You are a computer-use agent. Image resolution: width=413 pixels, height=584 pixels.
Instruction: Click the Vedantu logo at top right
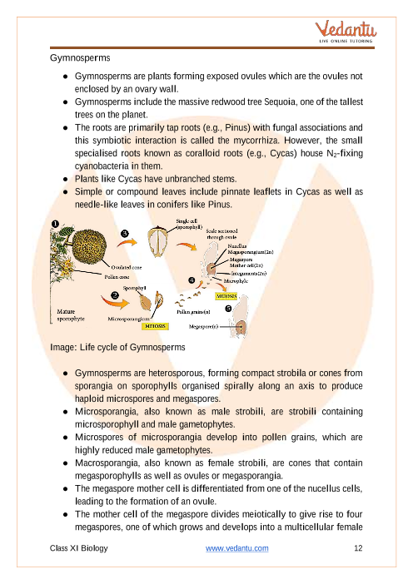(x=346, y=32)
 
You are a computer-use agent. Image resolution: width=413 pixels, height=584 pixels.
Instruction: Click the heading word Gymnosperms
(x=80, y=58)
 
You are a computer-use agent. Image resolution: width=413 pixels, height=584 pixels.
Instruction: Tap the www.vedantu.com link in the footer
(x=237, y=548)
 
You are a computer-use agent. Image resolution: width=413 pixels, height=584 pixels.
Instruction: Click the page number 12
(x=358, y=548)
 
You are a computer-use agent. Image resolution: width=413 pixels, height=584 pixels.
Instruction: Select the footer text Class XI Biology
(x=79, y=548)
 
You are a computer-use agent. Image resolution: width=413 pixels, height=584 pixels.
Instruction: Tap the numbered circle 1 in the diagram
(x=55, y=224)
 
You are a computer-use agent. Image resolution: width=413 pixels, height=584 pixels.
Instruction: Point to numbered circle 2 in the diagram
(x=115, y=295)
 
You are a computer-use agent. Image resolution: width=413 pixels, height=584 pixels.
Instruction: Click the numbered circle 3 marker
(x=125, y=234)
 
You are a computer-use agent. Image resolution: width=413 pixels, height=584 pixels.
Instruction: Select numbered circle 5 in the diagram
(x=228, y=309)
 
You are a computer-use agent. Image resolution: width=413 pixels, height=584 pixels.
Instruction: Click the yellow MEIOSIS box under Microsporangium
(x=155, y=326)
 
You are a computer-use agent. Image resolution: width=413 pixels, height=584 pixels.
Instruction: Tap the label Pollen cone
(x=117, y=277)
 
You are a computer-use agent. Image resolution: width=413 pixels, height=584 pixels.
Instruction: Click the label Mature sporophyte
(x=71, y=315)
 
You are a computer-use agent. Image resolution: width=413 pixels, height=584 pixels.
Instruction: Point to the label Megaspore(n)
(x=203, y=327)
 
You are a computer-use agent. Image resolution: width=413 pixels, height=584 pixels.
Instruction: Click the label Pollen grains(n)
(x=193, y=312)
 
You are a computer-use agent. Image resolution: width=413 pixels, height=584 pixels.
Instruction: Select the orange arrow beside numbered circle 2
(x=114, y=302)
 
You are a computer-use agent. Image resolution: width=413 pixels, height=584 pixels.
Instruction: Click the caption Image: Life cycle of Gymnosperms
(x=117, y=348)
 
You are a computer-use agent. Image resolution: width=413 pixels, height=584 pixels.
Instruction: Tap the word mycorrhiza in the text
(x=258, y=141)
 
